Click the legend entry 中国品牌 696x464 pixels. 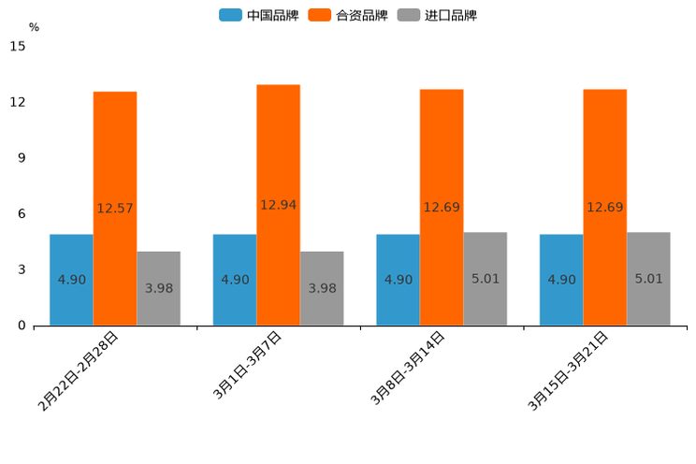pyautogui.click(x=259, y=15)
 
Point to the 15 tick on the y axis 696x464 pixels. pyautogui.click(x=18, y=46)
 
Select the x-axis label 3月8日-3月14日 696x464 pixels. pyautogui.click(x=408, y=369)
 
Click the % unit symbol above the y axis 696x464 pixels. pyautogui.click(x=34, y=27)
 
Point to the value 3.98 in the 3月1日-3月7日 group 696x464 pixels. pyautogui.click(x=323, y=288)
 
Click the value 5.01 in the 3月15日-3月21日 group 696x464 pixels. pyautogui.click(x=649, y=279)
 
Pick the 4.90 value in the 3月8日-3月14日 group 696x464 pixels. pyautogui.click(x=399, y=280)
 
